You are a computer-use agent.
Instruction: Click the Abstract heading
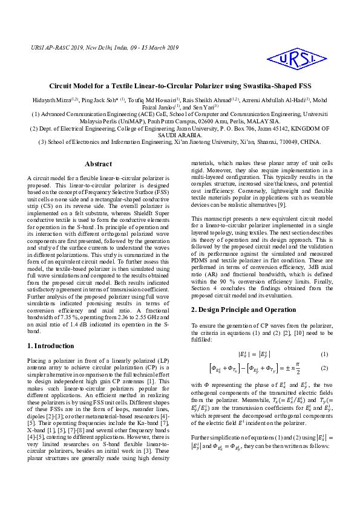click(x=98, y=164)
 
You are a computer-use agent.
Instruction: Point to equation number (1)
click(x=324, y=354)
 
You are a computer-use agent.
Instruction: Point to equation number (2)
click(x=324, y=368)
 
